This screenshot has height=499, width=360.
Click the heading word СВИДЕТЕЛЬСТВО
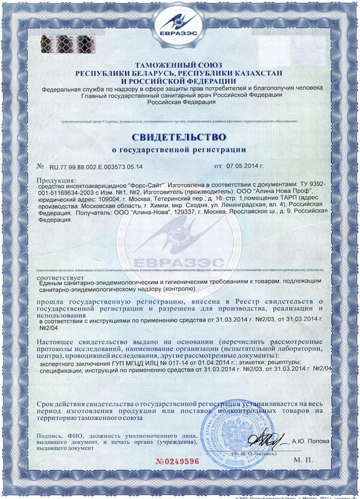pyautogui.click(x=179, y=137)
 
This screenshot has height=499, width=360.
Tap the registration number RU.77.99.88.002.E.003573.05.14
pyautogui.click(x=96, y=167)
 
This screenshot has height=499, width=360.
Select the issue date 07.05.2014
pyautogui.click(x=246, y=167)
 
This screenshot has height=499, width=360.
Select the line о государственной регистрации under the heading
pyautogui.click(x=179, y=150)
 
